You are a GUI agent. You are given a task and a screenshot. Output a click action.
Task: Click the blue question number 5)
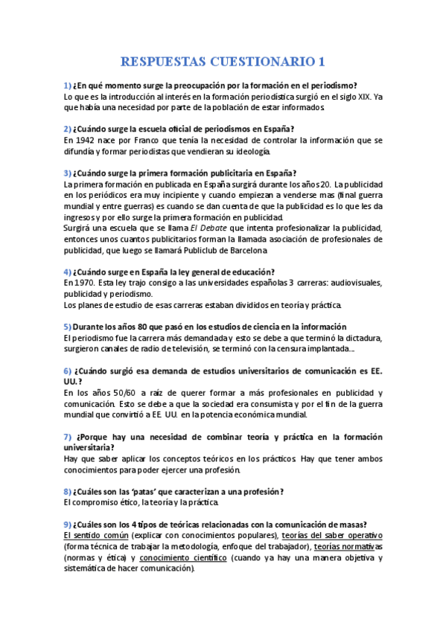tap(67, 327)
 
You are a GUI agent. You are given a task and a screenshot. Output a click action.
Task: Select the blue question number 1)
tap(67, 86)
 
